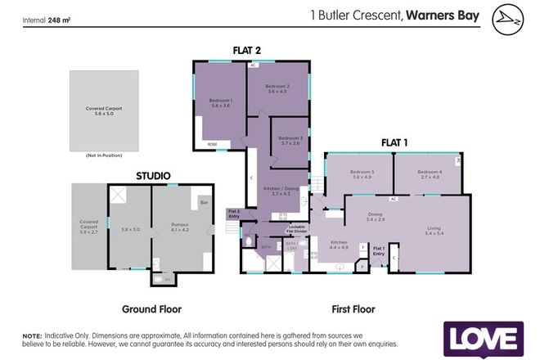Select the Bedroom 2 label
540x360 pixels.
pyautogui.click(x=278, y=89)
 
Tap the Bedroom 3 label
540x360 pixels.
pyautogui.click(x=290, y=141)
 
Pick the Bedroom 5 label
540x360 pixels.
pyautogui.click(x=361, y=174)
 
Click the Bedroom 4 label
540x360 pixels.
pyautogui.click(x=429, y=174)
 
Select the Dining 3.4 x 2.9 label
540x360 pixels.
pyautogui.click(x=376, y=217)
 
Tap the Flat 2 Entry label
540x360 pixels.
pyautogui.click(x=234, y=214)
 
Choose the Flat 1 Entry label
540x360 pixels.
pyautogui.click(x=379, y=250)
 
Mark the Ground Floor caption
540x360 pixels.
pyautogui.click(x=151, y=309)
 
